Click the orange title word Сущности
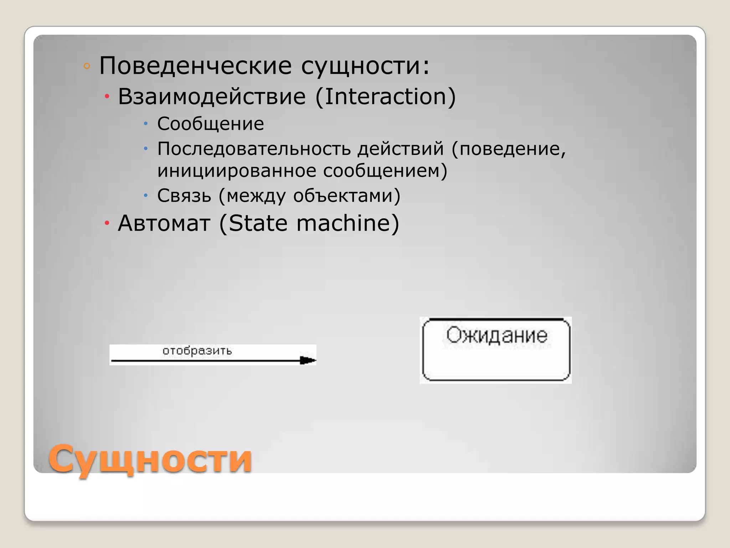pyautogui.click(x=150, y=459)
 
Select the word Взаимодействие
pyautogui.click(x=212, y=97)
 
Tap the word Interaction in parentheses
pyautogui.click(x=385, y=97)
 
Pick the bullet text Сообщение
pyautogui.click(x=211, y=124)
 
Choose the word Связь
pyautogui.click(x=184, y=196)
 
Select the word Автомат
pyautogui.click(x=164, y=223)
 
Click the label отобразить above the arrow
pyautogui.click(x=197, y=351)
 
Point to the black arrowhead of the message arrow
pyautogui.click(x=308, y=360)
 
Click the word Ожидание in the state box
pyautogui.click(x=497, y=335)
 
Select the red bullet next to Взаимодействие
pyautogui.click(x=107, y=97)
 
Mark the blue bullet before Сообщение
pyautogui.click(x=145, y=124)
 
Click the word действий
pyautogui.click(x=401, y=149)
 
